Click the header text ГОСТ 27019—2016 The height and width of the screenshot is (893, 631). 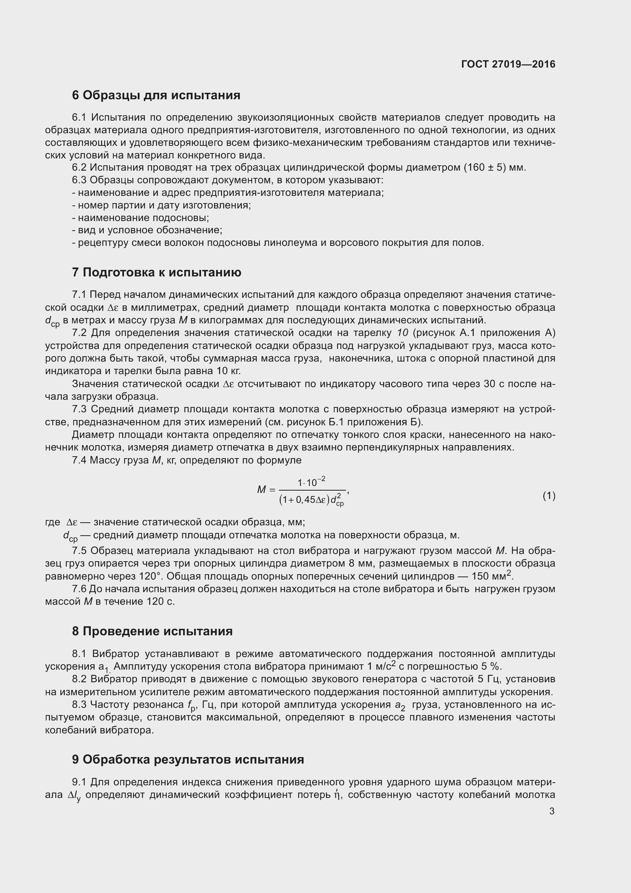(508, 65)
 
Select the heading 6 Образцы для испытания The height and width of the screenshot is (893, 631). (156, 95)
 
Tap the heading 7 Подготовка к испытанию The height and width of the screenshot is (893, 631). (156, 272)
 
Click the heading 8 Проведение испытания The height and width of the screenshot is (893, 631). (152, 631)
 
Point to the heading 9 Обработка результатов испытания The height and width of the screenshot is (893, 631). (188, 759)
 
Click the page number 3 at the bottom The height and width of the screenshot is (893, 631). (552, 811)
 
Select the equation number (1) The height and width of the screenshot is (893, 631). (549, 496)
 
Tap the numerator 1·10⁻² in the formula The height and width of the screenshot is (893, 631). (311, 482)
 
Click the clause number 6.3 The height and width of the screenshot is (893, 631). (80, 180)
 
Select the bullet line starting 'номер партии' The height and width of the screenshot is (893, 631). (162, 205)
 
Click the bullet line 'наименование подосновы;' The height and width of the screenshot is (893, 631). (141, 218)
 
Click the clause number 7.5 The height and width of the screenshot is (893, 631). (80, 551)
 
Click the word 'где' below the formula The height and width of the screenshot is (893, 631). (52, 522)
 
